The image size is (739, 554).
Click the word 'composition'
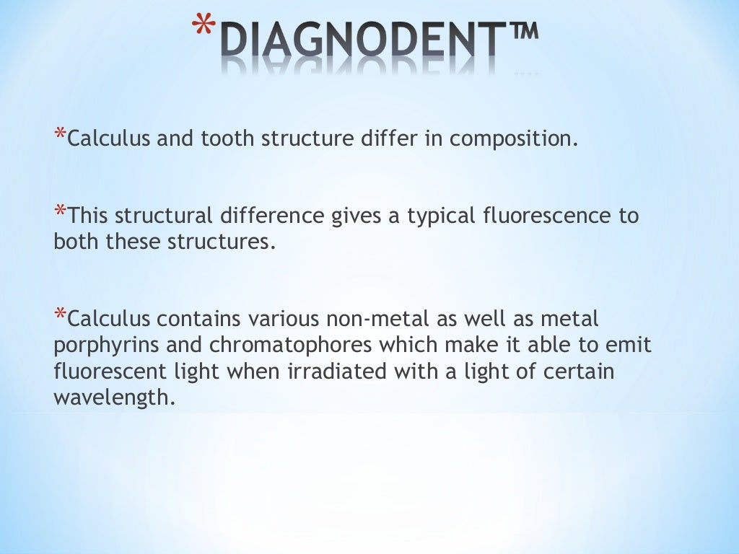pyautogui.click(x=513, y=139)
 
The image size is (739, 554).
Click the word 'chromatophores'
pyautogui.click(x=271, y=346)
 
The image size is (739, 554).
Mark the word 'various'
pyautogui.click(x=284, y=318)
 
